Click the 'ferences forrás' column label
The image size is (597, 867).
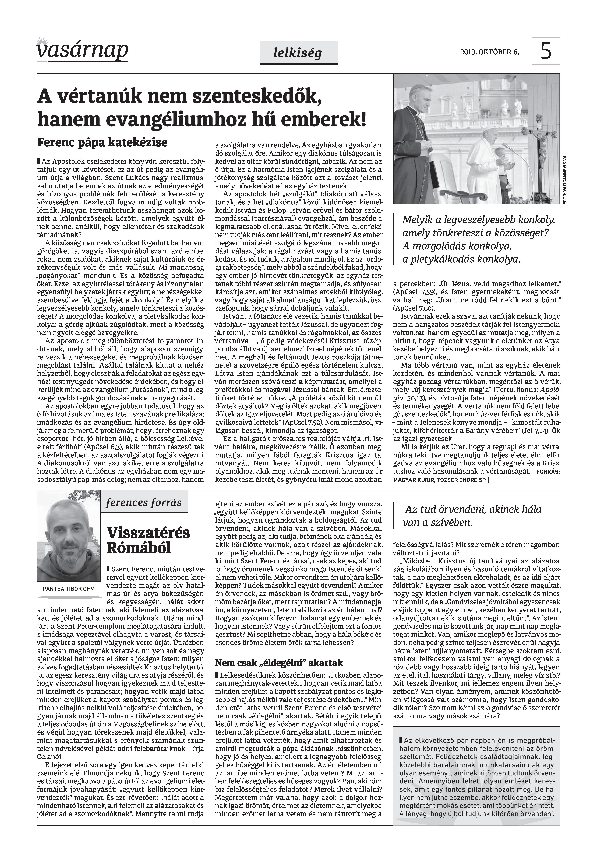click(x=144, y=503)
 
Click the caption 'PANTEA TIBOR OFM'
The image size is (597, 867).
click(x=69, y=589)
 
